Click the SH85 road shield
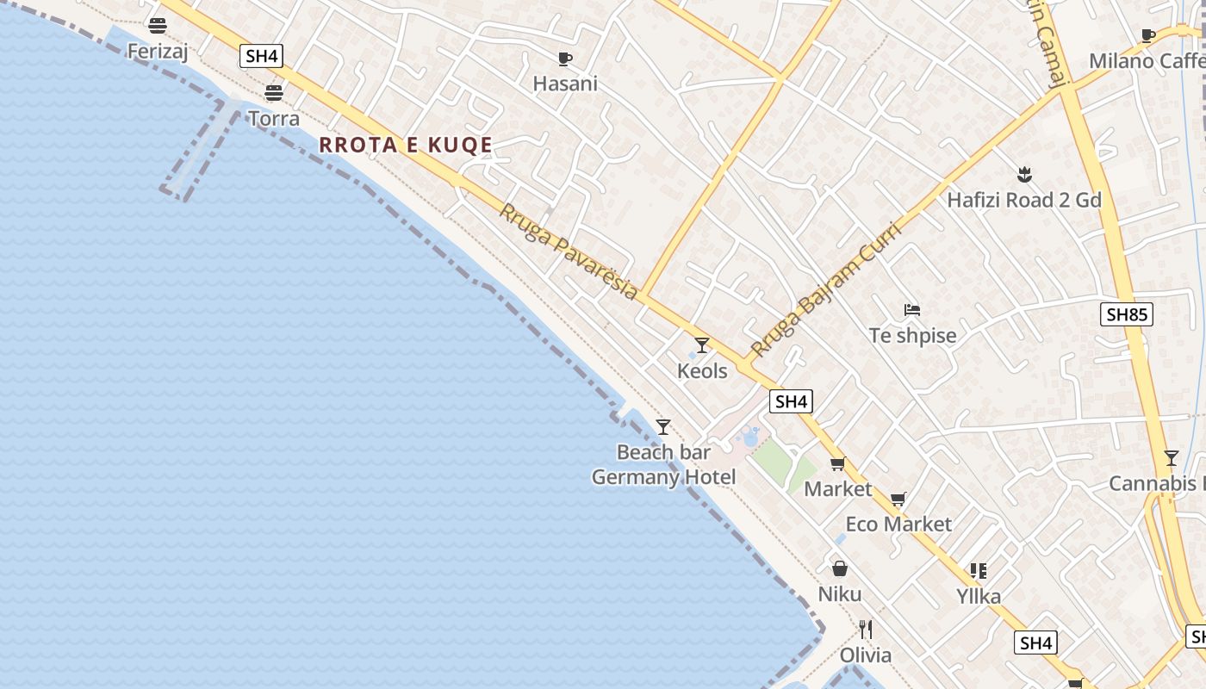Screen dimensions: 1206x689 (x=1127, y=314)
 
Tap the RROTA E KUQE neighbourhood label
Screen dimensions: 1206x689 (x=406, y=145)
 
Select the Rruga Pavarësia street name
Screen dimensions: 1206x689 (x=569, y=251)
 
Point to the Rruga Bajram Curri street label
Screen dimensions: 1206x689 (x=825, y=289)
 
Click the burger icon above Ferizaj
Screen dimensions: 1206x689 (x=157, y=26)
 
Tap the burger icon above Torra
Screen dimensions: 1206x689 (x=274, y=93)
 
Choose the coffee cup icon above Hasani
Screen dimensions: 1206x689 (x=565, y=59)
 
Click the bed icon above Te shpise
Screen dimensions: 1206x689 (x=912, y=310)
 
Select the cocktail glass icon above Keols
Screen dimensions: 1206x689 (x=702, y=345)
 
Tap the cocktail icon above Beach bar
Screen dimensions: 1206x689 (x=663, y=427)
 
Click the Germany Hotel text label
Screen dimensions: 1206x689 (x=663, y=477)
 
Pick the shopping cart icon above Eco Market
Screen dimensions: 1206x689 (x=898, y=499)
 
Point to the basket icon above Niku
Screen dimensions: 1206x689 (x=840, y=568)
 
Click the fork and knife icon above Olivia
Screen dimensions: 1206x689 (x=866, y=630)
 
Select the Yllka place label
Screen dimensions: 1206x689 (x=979, y=596)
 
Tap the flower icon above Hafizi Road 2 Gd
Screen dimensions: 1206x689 (x=1024, y=176)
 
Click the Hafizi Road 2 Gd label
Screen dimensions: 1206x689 (x=1024, y=201)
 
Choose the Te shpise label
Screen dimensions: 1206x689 (x=912, y=336)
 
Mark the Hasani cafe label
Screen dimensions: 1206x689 (x=565, y=84)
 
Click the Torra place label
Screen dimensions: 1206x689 (x=274, y=118)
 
